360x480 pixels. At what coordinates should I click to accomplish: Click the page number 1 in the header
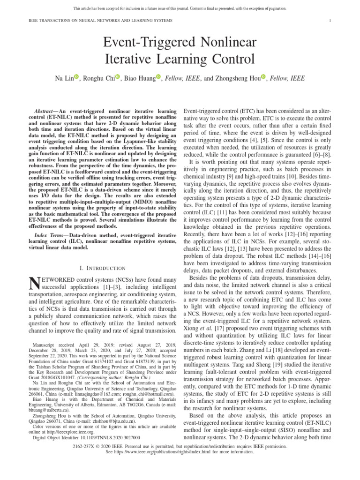pyautogui.click(x=330, y=21)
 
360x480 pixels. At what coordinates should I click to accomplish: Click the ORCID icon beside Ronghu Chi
pyautogui.click(x=118, y=78)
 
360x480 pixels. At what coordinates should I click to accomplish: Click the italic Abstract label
pyautogui.click(x=46, y=108)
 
